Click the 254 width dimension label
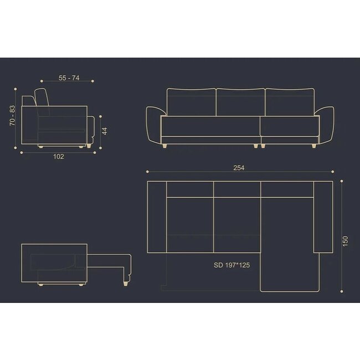[239, 168]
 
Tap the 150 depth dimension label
[345, 241]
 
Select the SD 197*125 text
[232, 265]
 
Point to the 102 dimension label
[59, 157]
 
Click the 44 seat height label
[105, 131]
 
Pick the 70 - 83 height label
[12, 116]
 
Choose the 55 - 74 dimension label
[69, 78]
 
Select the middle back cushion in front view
[240, 102]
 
